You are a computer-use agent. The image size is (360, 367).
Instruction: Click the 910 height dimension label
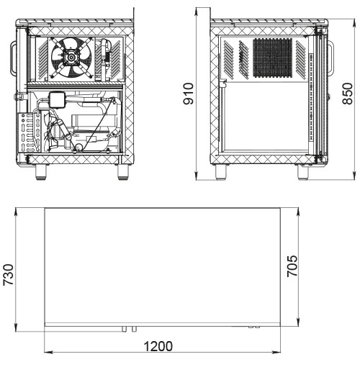click(189, 94)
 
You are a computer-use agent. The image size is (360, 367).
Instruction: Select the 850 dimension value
click(348, 94)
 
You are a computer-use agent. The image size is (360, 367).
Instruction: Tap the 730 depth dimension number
click(8, 275)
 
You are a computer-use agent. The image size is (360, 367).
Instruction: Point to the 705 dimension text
click(292, 266)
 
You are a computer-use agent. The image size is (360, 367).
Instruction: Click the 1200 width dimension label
click(158, 346)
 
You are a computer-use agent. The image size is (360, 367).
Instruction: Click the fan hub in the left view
click(71, 57)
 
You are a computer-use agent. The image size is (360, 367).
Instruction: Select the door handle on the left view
click(13, 57)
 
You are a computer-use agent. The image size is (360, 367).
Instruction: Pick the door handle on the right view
click(331, 57)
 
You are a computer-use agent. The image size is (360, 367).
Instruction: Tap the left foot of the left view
click(41, 172)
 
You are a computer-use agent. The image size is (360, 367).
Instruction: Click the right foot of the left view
click(123, 172)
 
